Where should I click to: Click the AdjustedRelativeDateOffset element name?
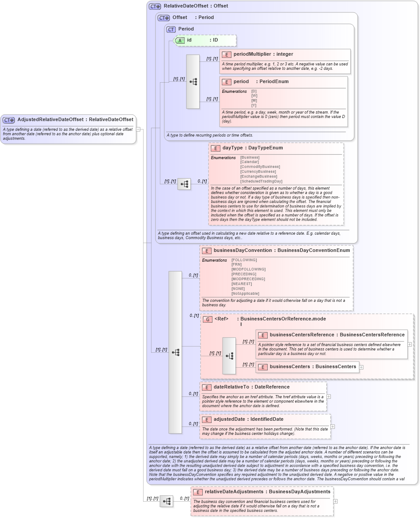pos(50,119)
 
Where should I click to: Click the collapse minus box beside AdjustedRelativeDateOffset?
pos(138,129)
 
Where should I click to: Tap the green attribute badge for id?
pos(180,40)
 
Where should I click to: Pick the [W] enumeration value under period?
pos(254,96)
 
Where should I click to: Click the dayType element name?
pos(232,148)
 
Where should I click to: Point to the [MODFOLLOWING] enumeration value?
pos(248,269)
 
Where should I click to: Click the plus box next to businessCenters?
pos(361,367)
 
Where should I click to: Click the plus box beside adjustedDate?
pos(333,427)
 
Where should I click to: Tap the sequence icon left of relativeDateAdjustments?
pos(166,501)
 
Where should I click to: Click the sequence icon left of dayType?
pos(184,184)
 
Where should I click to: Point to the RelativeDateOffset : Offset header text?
pos(196,6)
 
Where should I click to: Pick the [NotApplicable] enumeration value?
pos(245,293)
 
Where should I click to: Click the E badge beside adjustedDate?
pos(206,419)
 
